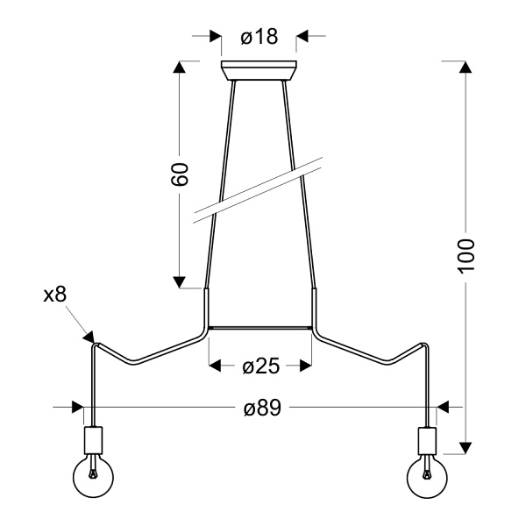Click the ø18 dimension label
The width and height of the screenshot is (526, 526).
(259, 37)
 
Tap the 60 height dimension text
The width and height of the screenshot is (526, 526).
(180, 174)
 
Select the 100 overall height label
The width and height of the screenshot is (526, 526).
(466, 255)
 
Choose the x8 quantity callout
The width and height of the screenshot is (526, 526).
(54, 295)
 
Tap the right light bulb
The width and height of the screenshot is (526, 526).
(428, 477)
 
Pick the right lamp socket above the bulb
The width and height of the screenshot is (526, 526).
(428, 438)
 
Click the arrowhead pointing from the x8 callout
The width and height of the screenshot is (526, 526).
(89, 335)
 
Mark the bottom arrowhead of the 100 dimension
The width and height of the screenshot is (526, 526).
(466, 444)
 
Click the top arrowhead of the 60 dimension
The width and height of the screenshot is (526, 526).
(180, 68)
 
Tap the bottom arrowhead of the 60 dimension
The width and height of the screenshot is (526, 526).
(180, 281)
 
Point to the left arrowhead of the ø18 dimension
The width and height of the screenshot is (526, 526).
(214, 36)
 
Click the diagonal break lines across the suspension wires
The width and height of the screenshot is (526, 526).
(259, 188)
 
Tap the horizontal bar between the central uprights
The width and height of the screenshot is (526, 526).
(259, 329)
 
